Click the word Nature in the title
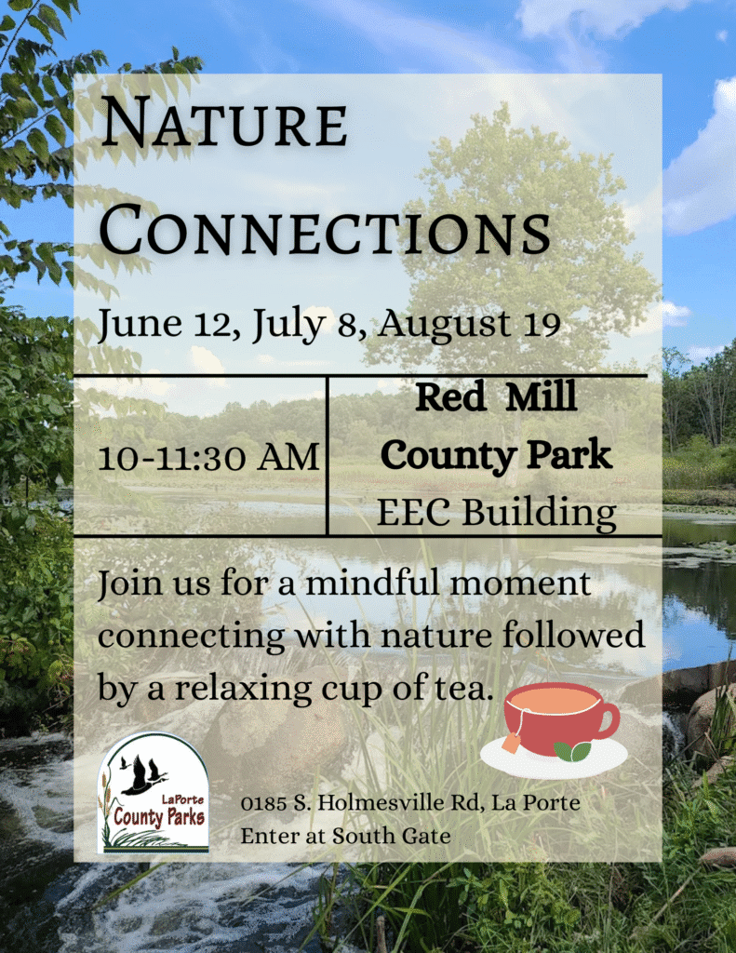[x=224, y=123]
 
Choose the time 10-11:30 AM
[x=209, y=457]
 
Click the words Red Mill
[x=496, y=396]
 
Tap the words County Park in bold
[x=496, y=455]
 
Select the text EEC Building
[x=496, y=513]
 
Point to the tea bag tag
[x=510, y=743]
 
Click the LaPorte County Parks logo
[x=154, y=793]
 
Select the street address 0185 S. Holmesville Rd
[x=352, y=802]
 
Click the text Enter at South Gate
[x=345, y=836]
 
